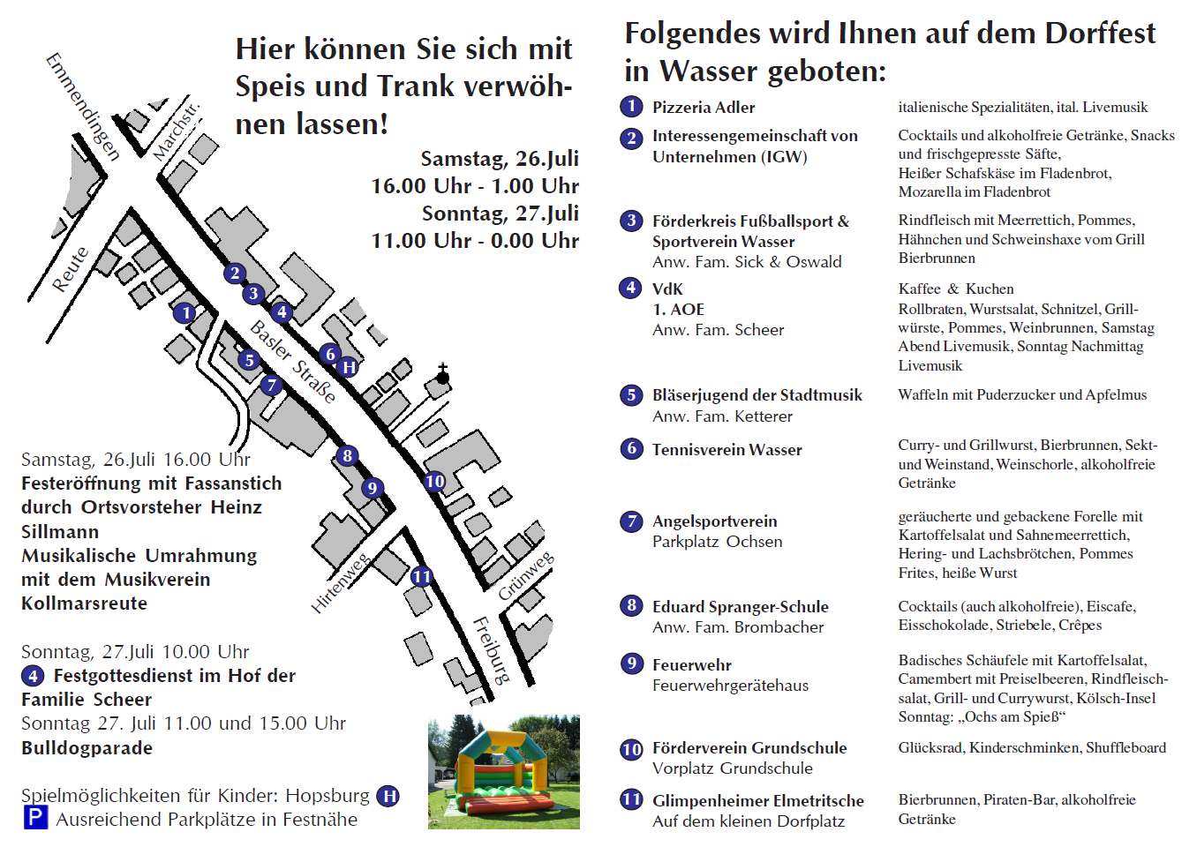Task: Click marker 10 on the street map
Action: [434, 482]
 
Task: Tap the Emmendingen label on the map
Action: [82, 107]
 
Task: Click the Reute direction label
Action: [70, 269]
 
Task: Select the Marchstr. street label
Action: [176, 131]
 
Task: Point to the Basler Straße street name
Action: [293, 362]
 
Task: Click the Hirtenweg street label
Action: [340, 583]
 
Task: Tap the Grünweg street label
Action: [526, 576]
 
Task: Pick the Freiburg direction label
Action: [492, 650]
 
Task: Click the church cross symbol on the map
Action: [442, 374]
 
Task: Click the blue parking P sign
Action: [34, 818]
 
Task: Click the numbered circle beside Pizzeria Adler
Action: [631, 107]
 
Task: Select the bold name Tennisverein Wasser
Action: [726, 450]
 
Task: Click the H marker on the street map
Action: [349, 367]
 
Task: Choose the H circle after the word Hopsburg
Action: [388, 796]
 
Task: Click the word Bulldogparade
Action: [87, 748]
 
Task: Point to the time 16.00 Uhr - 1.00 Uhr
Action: [475, 186]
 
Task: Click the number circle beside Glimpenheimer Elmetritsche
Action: [631, 800]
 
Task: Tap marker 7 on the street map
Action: [271, 385]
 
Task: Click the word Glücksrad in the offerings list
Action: [931, 748]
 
